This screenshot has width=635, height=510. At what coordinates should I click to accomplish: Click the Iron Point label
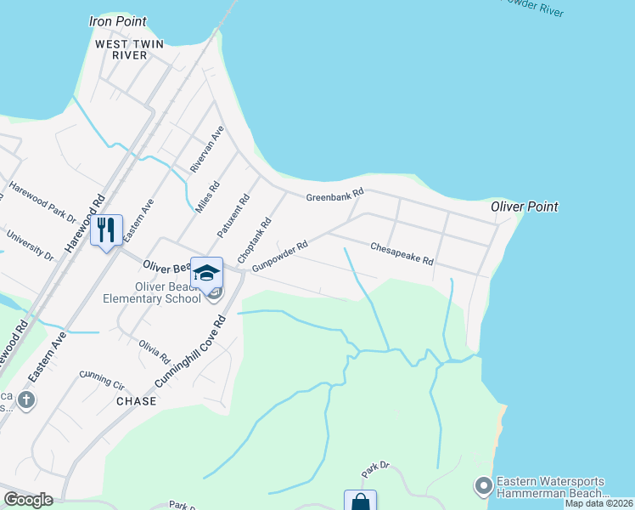[x=118, y=21]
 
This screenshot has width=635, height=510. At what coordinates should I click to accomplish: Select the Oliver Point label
[x=525, y=207]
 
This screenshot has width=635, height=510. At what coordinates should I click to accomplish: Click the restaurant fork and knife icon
[x=106, y=229]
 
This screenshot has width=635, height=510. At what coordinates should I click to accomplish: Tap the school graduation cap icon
[x=206, y=273]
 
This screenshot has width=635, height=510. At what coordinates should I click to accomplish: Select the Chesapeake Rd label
[x=402, y=253]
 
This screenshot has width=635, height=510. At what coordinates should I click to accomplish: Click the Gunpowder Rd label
[x=278, y=256]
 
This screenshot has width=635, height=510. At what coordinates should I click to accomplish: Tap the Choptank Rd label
[x=256, y=239]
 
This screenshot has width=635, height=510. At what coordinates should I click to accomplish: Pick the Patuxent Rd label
[x=233, y=216]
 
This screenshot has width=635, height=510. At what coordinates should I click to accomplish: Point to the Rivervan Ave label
[x=206, y=150]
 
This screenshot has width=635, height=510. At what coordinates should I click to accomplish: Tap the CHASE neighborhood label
[x=136, y=400]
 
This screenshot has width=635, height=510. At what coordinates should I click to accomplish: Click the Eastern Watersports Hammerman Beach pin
[x=484, y=486]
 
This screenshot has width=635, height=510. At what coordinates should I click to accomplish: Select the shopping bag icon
[x=360, y=501]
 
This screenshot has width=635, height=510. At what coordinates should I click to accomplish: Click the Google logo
[x=28, y=500]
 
